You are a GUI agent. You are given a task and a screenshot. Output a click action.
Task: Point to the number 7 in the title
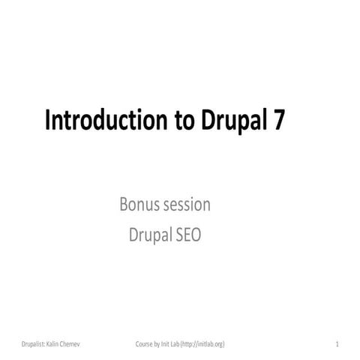[278, 121]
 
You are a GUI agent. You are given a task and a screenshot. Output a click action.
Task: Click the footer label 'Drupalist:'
[36, 344]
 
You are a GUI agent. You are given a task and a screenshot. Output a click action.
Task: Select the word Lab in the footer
[181, 344]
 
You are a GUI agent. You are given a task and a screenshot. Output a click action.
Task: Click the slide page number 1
[337, 344]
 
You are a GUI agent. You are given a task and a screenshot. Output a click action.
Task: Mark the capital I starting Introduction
[49, 121]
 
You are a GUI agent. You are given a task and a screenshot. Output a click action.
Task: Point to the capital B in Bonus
[124, 205]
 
